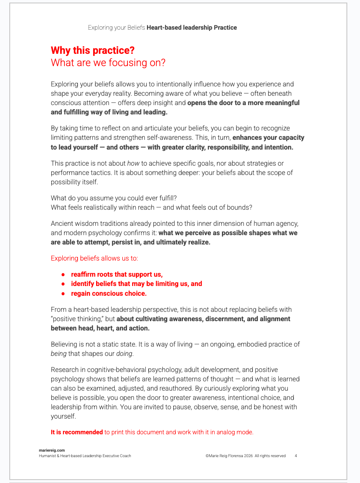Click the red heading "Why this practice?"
coord(92,50)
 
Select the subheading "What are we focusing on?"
coord(108,63)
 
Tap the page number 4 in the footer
coord(296,456)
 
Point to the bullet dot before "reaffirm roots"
coord(63,275)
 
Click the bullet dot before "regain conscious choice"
coord(63,294)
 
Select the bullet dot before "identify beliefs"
coord(63,284)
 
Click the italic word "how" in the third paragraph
coord(133,164)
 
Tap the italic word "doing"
coord(124,354)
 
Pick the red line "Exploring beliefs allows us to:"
coord(94,258)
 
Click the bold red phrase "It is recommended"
coord(77,432)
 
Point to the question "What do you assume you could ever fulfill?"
coord(113,197)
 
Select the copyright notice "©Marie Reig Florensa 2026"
coord(229,456)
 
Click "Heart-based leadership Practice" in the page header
coord(191,28)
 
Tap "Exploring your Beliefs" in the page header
coord(116,28)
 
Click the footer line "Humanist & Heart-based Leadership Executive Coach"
coord(85,456)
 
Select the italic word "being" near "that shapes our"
coord(59,354)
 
